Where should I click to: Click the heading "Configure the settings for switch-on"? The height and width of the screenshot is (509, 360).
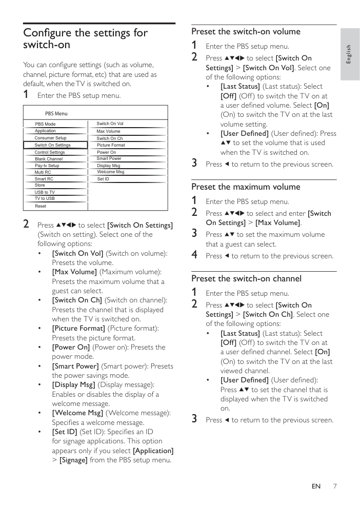tap(85, 38)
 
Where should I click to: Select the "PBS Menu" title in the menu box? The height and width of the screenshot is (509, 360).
tap(56, 114)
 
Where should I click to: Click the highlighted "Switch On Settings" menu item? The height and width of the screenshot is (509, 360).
tap(53, 145)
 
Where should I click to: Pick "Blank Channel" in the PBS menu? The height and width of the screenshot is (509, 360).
tap(49, 159)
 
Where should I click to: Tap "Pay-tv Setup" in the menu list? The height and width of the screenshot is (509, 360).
tap(47, 166)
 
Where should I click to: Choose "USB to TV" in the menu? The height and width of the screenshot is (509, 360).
tap(45, 192)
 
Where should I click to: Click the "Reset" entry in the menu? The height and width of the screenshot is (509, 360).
tap(41, 206)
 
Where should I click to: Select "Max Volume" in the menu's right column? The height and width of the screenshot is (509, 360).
tap(108, 131)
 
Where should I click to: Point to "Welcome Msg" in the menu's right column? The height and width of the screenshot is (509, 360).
tap(110, 172)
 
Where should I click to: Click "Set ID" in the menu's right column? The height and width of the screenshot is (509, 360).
tap(103, 179)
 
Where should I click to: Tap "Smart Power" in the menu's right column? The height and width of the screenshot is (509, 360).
tap(109, 159)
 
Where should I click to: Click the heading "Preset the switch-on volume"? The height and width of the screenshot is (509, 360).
tap(246, 31)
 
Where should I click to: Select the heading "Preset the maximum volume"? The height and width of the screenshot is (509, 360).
tap(246, 187)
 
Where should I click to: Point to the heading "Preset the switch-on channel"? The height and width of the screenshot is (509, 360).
tap(246, 278)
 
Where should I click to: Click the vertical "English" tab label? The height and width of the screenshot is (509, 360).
tap(349, 54)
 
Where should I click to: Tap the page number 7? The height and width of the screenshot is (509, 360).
tap(334, 486)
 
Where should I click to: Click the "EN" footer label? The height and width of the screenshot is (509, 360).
tap(316, 486)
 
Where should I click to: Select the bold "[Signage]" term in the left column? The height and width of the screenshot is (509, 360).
tap(73, 460)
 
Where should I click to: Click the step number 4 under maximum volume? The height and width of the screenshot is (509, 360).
tap(194, 255)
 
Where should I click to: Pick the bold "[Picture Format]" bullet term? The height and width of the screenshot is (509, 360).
tap(78, 328)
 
